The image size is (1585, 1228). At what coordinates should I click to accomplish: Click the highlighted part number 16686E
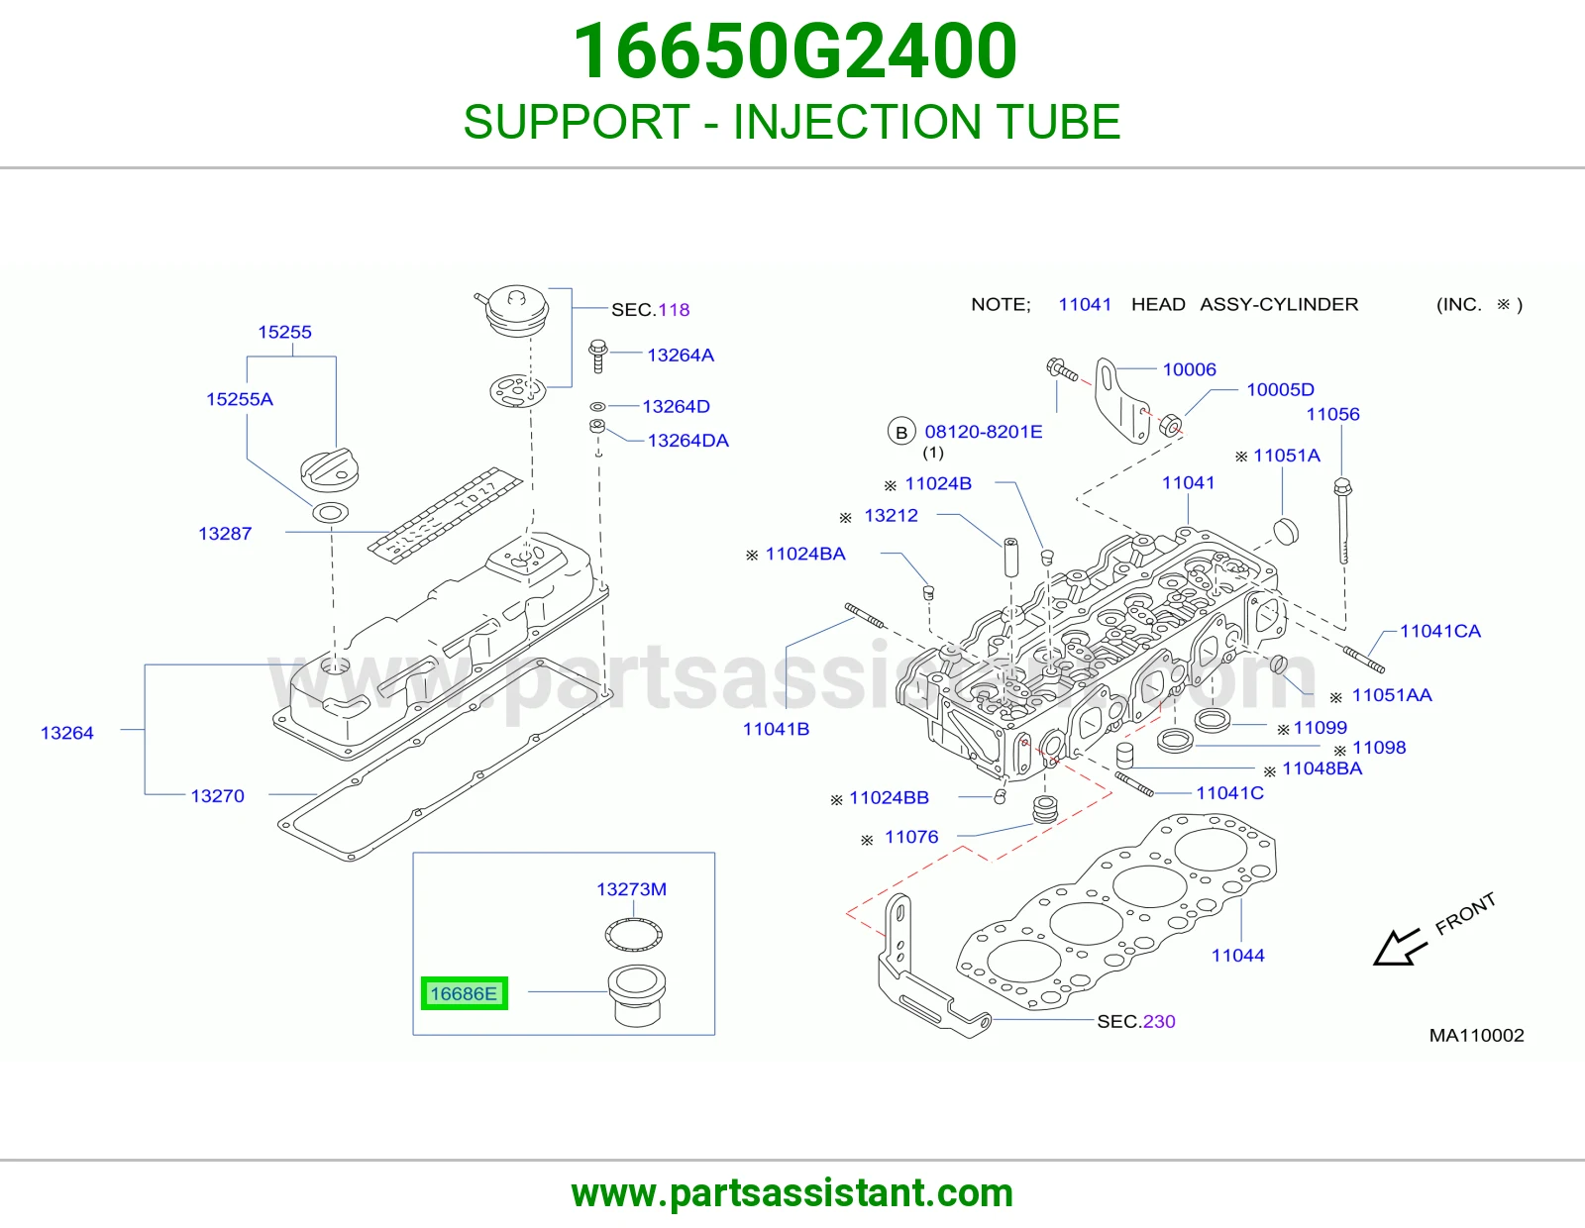click(x=464, y=993)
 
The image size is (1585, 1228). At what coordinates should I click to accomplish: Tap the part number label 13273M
click(x=631, y=889)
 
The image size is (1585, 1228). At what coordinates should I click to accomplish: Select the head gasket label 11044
click(x=1238, y=956)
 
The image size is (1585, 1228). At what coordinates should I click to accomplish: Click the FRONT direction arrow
click(x=1399, y=948)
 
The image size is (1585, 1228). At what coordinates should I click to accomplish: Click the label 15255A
click(x=240, y=400)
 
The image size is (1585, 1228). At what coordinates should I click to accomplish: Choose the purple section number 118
click(x=674, y=310)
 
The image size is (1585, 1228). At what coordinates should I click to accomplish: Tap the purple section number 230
click(x=1159, y=1022)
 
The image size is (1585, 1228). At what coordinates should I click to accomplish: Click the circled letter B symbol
click(x=901, y=433)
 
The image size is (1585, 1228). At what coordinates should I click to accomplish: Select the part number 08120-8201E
click(x=984, y=432)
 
